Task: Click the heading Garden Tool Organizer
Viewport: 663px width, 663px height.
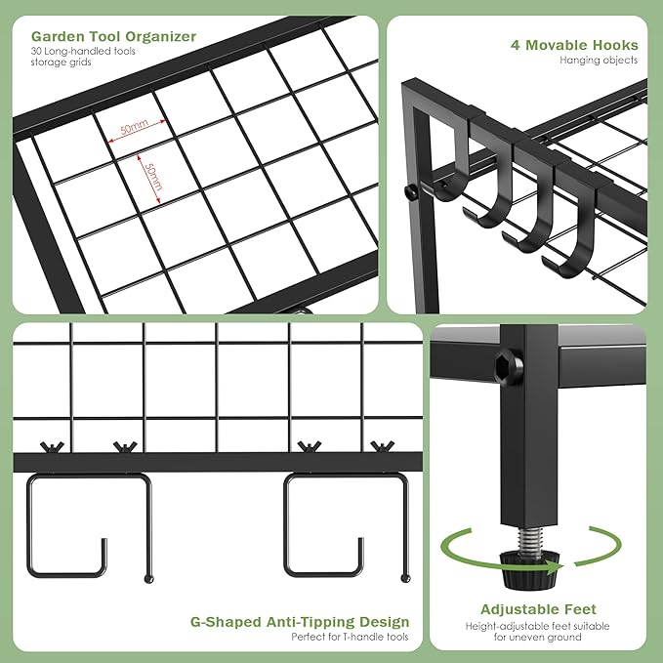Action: coord(113,37)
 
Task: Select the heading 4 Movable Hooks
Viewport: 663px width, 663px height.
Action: coord(574,45)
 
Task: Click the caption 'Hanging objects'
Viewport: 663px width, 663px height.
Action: coord(599,61)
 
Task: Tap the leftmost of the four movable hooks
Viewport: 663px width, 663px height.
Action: coord(452,166)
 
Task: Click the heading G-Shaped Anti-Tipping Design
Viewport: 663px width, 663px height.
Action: coord(300,622)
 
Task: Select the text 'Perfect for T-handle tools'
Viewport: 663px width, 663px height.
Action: coord(350,638)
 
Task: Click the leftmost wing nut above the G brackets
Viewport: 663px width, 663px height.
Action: coord(51,447)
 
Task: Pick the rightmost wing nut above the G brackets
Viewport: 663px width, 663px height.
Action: coord(380,447)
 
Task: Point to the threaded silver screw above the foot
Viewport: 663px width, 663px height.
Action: coord(529,535)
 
